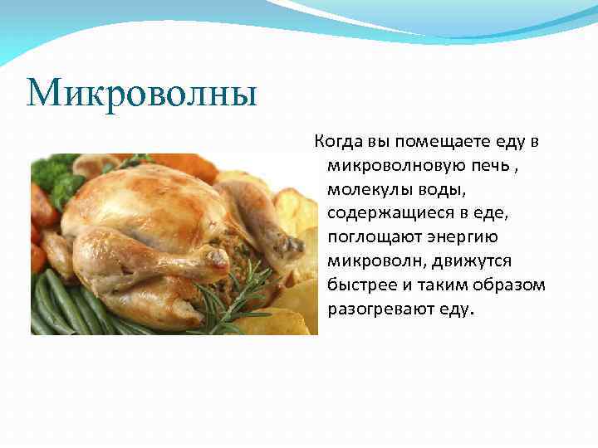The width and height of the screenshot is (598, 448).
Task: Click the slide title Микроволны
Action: tap(142, 94)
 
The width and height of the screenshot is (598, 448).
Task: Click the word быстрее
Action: tap(361, 285)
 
